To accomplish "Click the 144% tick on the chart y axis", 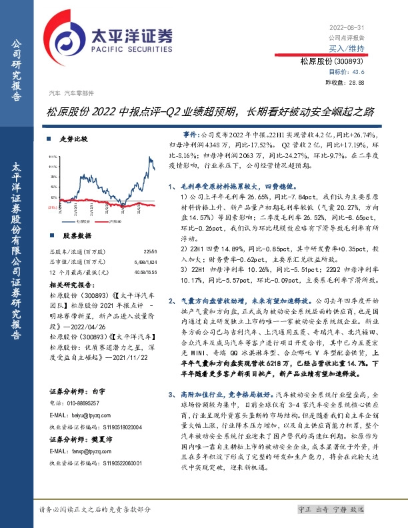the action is tap(52, 158).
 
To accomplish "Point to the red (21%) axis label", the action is tap(51, 207).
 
